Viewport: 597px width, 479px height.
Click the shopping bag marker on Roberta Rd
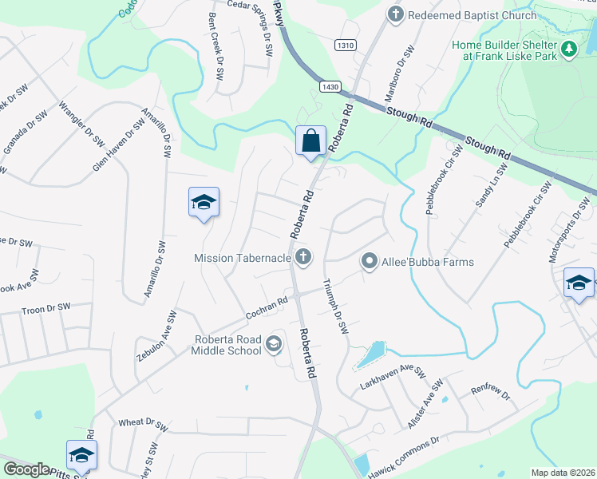click(310, 141)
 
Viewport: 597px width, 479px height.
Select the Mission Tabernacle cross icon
click(302, 257)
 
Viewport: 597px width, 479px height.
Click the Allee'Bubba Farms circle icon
click(369, 261)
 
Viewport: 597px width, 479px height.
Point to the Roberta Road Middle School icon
click(274, 344)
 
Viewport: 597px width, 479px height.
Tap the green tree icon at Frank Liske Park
click(568, 50)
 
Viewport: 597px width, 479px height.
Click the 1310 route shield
click(345, 46)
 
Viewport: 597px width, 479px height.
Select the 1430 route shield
click(328, 85)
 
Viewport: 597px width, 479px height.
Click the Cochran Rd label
click(266, 307)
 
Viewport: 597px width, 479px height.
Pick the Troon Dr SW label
click(46, 307)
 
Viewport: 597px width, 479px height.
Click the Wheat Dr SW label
click(142, 422)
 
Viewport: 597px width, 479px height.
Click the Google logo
click(26, 469)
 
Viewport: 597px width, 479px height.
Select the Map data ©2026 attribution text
click(562, 473)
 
